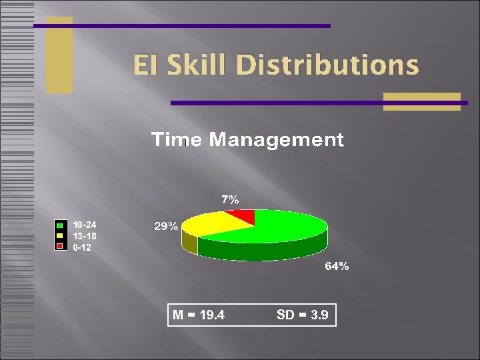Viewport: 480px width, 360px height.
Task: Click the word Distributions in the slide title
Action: pos(327,65)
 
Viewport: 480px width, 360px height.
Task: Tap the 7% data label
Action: pos(230,199)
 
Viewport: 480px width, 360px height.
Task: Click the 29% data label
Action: pos(166,227)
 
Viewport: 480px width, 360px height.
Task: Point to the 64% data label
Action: pos(337,267)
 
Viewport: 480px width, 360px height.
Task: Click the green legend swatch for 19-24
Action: pos(59,225)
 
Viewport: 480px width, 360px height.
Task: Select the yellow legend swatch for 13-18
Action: pos(59,236)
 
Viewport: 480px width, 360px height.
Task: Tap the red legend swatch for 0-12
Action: pos(59,247)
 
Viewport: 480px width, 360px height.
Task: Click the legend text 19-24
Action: pos(85,225)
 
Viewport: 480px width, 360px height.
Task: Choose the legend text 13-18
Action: pos(85,236)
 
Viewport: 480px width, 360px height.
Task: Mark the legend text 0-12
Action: pos(82,247)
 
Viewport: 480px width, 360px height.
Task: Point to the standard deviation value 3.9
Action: pos(319,315)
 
